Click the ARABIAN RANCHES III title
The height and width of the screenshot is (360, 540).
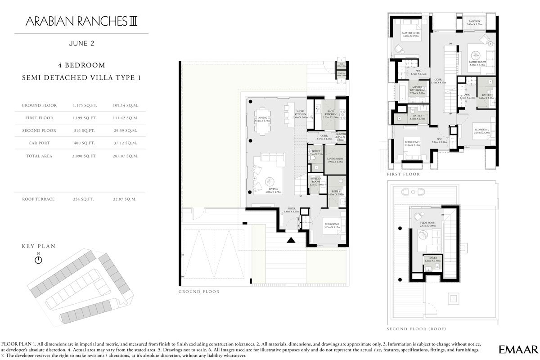(81, 21)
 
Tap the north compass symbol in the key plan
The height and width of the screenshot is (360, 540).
(38, 260)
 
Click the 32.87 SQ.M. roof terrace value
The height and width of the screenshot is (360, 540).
(126, 199)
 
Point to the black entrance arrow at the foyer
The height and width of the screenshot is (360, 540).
(291, 240)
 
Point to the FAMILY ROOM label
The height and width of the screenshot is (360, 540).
(477, 62)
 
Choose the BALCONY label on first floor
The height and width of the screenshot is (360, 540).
(474, 22)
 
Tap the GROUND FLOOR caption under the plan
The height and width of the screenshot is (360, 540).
(198, 292)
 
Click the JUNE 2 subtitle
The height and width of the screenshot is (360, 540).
(81, 44)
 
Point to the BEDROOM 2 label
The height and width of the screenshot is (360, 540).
(481, 130)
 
